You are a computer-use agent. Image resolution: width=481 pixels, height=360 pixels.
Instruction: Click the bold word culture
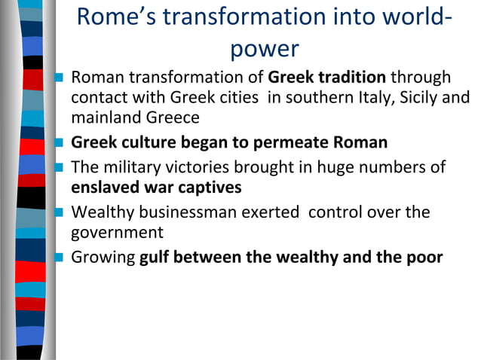[143, 142]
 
